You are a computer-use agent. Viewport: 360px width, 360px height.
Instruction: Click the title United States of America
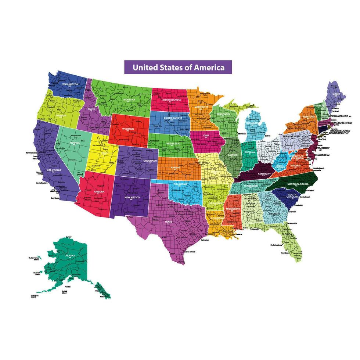click(178, 68)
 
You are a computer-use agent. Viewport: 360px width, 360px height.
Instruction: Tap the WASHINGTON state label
click(70, 84)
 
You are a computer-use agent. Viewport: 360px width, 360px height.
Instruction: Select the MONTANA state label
click(129, 100)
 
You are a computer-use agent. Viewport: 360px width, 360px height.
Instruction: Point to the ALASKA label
click(70, 255)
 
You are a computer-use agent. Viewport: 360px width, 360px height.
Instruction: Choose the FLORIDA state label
click(287, 234)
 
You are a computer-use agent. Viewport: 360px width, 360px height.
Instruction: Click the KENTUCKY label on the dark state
click(264, 173)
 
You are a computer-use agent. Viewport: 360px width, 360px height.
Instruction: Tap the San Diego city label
click(55, 198)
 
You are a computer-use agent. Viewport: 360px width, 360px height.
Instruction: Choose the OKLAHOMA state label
click(181, 183)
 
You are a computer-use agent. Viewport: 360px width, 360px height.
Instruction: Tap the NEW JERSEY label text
click(321, 148)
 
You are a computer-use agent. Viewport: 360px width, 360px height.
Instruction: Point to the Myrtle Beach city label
click(305, 197)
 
